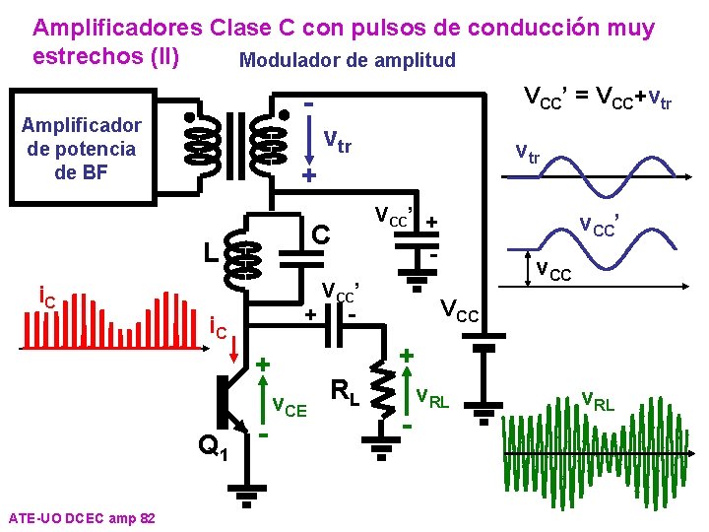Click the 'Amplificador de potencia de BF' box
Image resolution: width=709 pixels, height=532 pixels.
[x=81, y=148]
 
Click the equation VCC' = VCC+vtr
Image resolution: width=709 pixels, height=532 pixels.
[x=598, y=98]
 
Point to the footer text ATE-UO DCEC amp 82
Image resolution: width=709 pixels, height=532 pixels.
[x=80, y=517]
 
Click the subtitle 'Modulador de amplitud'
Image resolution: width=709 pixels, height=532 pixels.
[x=348, y=60]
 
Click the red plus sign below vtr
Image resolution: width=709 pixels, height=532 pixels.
[x=307, y=176]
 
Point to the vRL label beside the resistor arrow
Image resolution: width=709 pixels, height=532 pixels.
[x=432, y=399]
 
